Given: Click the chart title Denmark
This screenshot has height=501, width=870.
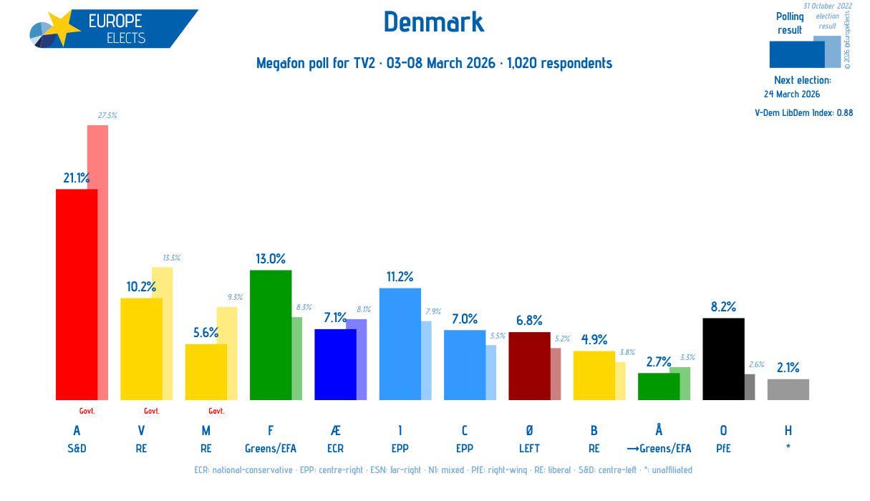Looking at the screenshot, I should [x=434, y=22].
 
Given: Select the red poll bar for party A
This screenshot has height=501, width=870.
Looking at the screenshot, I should [x=76, y=293].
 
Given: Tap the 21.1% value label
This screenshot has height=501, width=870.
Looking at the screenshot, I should [x=76, y=178].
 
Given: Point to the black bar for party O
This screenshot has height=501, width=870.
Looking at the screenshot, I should [x=723, y=359].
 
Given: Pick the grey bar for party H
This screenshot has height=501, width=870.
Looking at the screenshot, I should [x=788, y=389].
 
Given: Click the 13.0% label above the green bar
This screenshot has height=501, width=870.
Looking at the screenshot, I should [x=270, y=259].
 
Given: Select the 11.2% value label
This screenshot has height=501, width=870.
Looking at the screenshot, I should [x=399, y=277].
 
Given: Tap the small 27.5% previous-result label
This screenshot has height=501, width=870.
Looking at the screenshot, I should [x=107, y=115].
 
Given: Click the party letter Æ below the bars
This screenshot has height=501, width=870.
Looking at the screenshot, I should [x=335, y=430].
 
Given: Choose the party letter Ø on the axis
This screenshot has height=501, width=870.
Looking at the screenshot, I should [x=529, y=430].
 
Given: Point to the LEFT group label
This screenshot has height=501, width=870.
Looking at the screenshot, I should [x=529, y=449].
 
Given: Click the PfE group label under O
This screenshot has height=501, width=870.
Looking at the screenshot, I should [x=723, y=449].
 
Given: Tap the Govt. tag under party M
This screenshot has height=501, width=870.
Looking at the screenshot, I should [x=216, y=411].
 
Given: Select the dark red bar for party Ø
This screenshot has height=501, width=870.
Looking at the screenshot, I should [x=529, y=366].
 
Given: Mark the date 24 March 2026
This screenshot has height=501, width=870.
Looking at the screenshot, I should [x=791, y=94].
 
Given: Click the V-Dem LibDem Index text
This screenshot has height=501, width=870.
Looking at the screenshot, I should [x=803, y=112].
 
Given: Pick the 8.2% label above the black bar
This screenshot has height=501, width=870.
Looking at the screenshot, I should [x=723, y=307].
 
